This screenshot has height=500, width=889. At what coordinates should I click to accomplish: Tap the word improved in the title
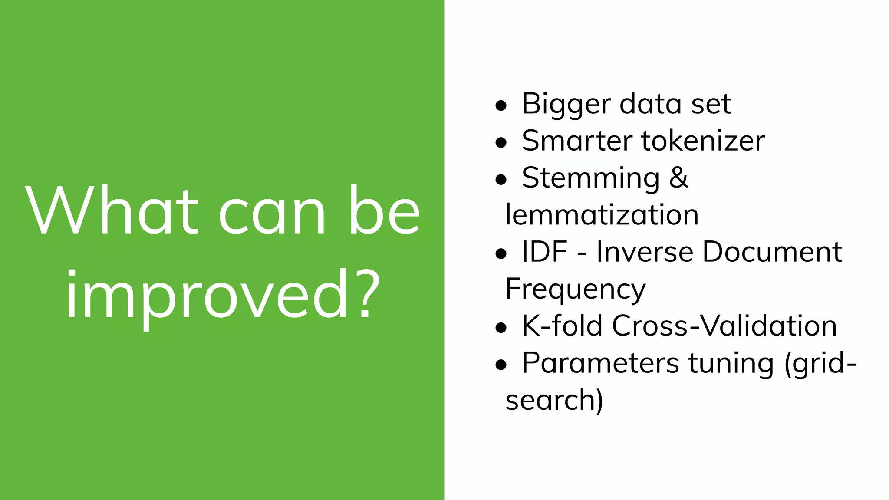click(207, 295)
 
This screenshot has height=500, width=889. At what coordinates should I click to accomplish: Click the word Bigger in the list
click(566, 105)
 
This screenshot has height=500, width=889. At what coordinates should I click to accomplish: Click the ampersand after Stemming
click(678, 178)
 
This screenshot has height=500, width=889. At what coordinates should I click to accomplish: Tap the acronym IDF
click(544, 252)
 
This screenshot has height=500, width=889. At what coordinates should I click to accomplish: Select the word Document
click(772, 252)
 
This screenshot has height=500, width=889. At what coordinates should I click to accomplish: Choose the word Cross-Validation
click(724, 326)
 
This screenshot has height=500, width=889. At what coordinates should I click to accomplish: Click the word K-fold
click(562, 326)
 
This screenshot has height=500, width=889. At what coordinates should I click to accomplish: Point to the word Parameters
click(600, 363)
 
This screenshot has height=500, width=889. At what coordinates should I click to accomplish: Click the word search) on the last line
click(554, 400)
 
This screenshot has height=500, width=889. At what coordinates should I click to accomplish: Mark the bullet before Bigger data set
click(501, 105)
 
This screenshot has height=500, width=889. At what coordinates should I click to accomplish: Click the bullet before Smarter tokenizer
click(501, 142)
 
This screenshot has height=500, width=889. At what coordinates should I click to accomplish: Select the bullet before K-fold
click(501, 327)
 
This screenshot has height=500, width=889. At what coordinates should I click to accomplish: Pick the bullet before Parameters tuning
click(501, 365)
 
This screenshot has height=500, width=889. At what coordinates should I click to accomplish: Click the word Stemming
click(590, 179)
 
